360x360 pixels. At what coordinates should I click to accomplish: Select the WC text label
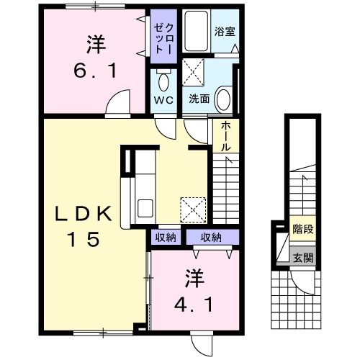pos(161,100)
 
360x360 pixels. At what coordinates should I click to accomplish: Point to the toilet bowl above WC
pos(162,79)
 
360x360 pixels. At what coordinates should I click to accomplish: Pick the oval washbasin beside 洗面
pos(224,98)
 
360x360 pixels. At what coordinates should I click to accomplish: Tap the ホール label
pos(225,135)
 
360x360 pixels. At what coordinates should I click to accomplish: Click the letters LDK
pos(84,214)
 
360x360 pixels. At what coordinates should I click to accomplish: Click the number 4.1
pos(194,303)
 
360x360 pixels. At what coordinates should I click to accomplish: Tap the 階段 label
pos(303,230)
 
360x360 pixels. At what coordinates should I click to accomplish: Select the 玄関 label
pos(303,257)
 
